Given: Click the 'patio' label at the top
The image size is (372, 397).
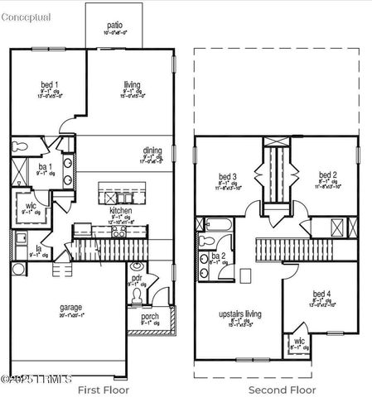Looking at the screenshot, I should pyautogui.click(x=114, y=26).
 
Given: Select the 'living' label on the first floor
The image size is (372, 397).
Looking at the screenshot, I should pyautogui.click(x=133, y=84).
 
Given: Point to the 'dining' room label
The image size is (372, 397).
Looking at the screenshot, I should pyautogui.click(x=152, y=151).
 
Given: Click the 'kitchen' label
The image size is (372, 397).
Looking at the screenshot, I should pyautogui.click(x=121, y=210).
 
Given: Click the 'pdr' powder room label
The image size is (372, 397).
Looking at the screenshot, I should pyautogui.click(x=137, y=279).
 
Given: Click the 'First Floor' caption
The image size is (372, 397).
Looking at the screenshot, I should pyautogui.click(x=102, y=389).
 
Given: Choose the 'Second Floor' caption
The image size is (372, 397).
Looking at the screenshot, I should pyautogui.click(x=283, y=389).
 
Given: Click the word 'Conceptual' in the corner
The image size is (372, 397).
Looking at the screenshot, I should pyautogui.click(x=26, y=17).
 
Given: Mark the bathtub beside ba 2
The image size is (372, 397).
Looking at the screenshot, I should pyautogui.click(x=215, y=225).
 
